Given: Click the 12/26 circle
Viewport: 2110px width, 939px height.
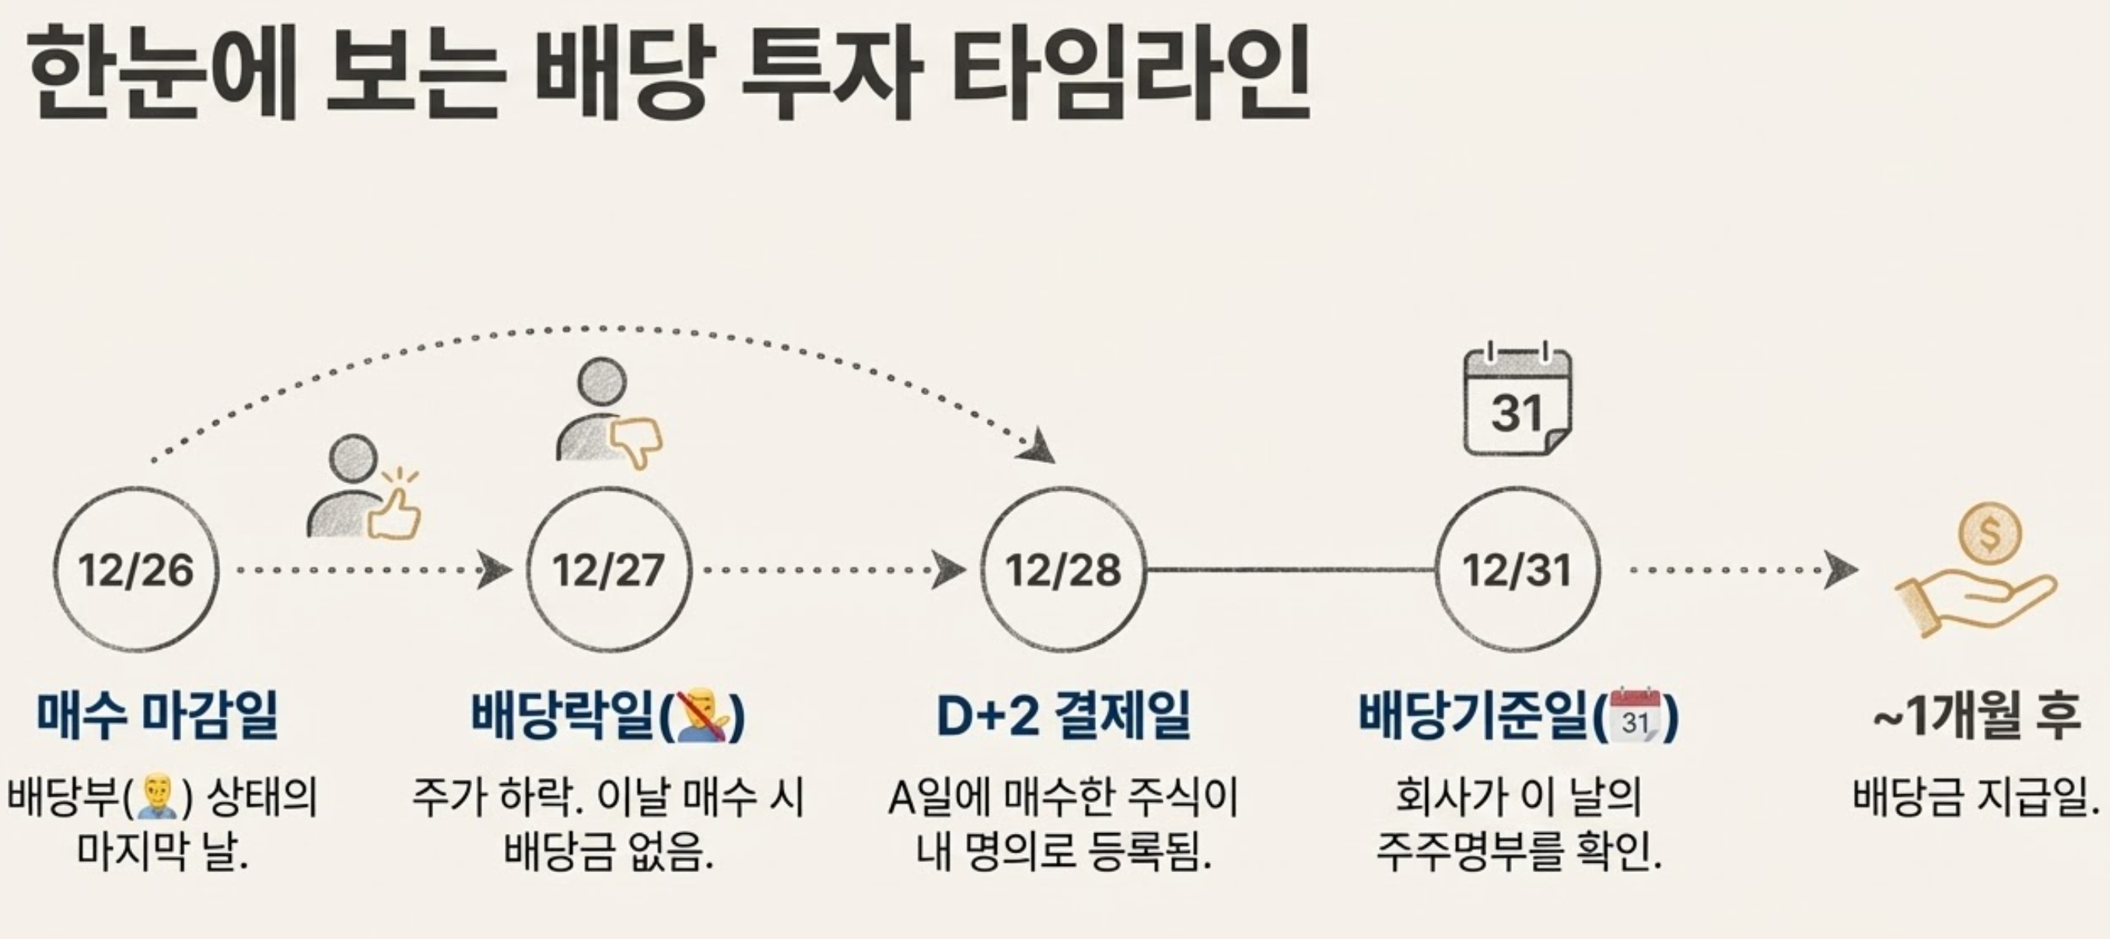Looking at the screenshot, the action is pyautogui.click(x=136, y=570).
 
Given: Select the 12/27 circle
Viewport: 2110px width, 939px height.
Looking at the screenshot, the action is pyautogui.click(x=607, y=570).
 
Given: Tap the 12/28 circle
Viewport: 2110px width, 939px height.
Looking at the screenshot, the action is pyautogui.click(x=1063, y=570).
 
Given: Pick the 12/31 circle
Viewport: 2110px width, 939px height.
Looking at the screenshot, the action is pyautogui.click(x=1517, y=570).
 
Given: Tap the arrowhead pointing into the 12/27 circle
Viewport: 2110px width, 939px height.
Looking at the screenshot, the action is pyautogui.click(x=494, y=570).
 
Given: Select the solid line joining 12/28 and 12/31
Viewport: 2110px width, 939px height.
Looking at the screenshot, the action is pyautogui.click(x=1290, y=569).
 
